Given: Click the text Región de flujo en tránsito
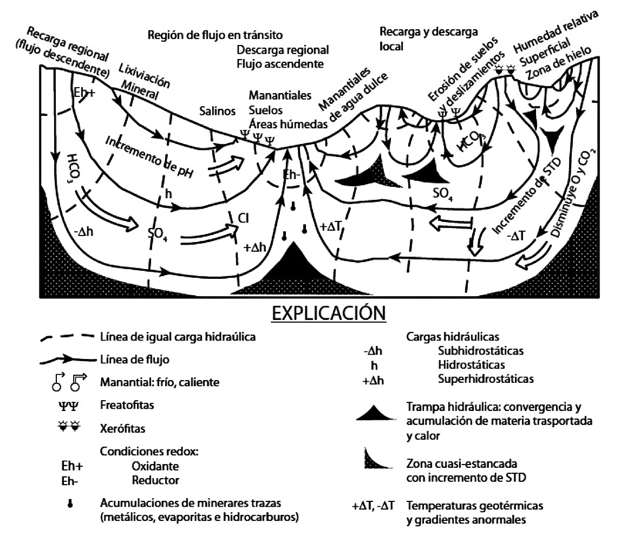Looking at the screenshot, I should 215,36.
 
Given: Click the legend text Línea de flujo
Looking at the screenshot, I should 132,359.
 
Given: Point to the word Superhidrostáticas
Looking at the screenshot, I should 486,378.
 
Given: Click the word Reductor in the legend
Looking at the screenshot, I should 155,479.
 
